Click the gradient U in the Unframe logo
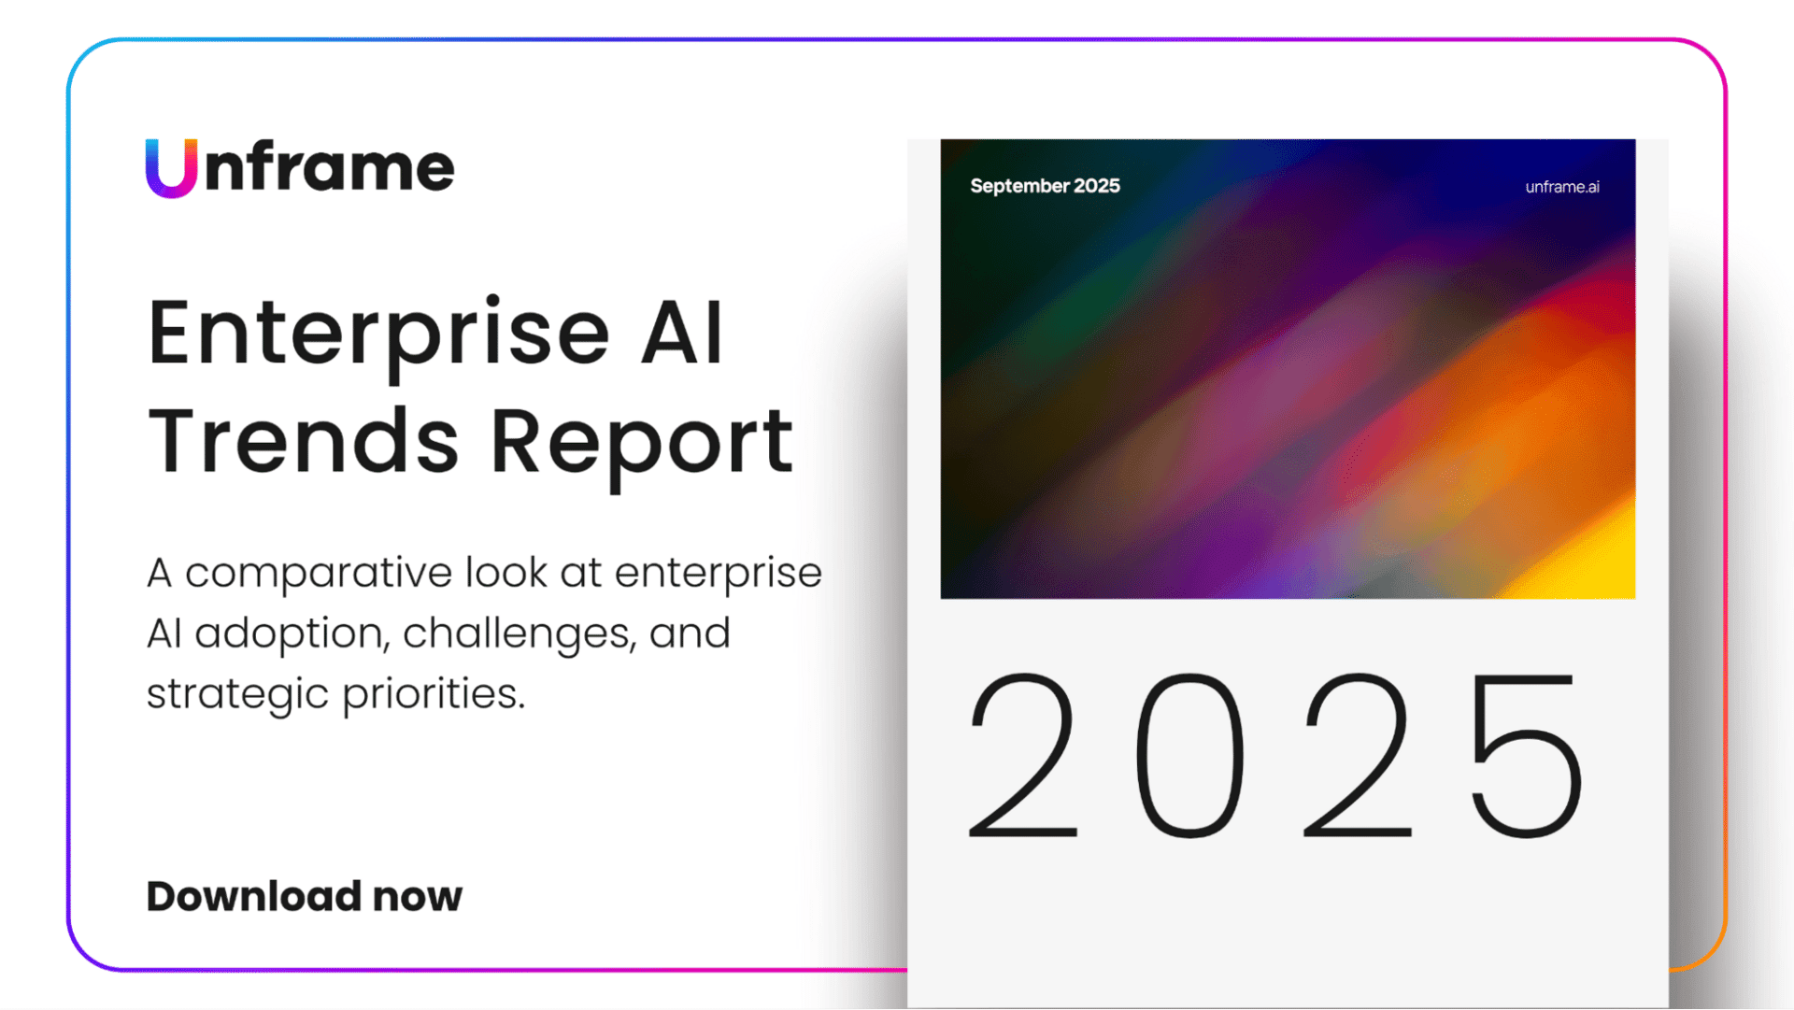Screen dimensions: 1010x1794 pyautogui.click(x=171, y=168)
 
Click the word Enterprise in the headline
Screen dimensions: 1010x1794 pyautogui.click(x=378, y=334)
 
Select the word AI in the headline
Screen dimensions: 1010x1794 pyautogui.click(x=682, y=333)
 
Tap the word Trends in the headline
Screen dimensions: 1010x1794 pyautogui.click(x=304, y=441)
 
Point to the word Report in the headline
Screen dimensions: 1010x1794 pyautogui.click(x=642, y=443)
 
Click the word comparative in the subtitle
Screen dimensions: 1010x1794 pyautogui.click(x=319, y=574)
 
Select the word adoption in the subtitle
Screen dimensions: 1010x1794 pyautogui.click(x=290, y=634)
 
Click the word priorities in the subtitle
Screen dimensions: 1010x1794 pyautogui.click(x=434, y=695)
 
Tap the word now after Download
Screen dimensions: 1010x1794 pyautogui.click(x=418, y=898)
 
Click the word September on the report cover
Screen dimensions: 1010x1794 pyautogui.click(x=1019, y=186)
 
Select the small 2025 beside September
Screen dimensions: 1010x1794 pyautogui.click(x=1097, y=186)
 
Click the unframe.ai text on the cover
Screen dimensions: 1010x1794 pyautogui.click(x=1562, y=187)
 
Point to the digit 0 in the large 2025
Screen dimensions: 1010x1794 pyautogui.click(x=1190, y=755)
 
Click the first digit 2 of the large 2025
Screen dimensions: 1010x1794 pyautogui.click(x=1023, y=755)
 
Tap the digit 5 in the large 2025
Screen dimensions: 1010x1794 pyautogui.click(x=1527, y=755)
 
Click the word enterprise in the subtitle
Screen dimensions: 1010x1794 pyautogui.click(x=718, y=574)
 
